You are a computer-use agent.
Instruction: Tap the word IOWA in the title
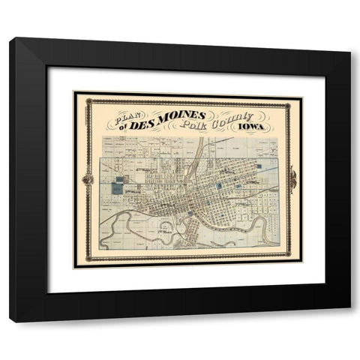click(256, 128)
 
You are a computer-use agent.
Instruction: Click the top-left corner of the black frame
click(10, 38)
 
